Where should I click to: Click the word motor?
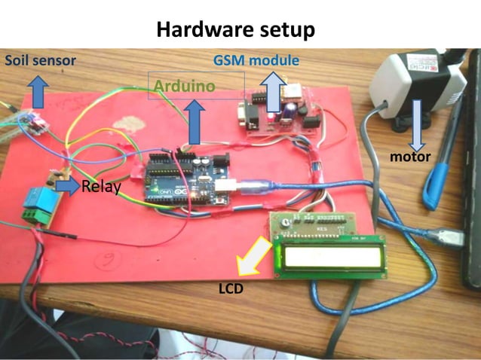tap(410, 157)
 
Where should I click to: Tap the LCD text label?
tap(230, 288)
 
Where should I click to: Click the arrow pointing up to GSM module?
tap(273, 85)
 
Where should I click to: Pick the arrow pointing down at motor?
tap(416, 121)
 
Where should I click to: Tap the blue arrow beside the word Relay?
tap(68, 185)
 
